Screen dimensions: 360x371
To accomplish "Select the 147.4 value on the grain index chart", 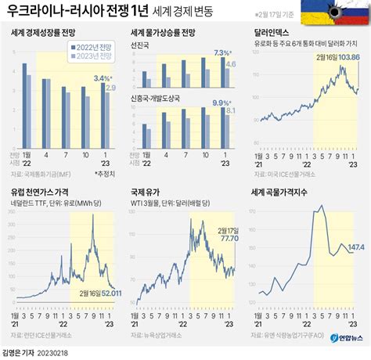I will click(355, 247).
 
